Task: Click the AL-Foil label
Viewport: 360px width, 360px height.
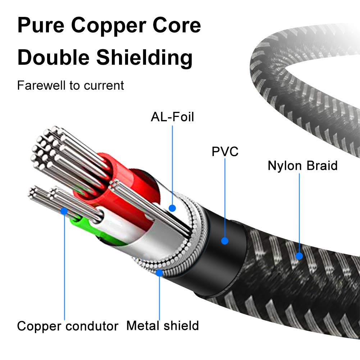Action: [x=172, y=117]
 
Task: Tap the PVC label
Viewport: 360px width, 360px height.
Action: [x=225, y=151]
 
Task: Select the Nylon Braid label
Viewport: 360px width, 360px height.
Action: [x=302, y=166]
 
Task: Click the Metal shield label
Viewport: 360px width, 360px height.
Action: [x=162, y=326]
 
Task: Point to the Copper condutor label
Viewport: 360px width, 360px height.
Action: [x=68, y=326]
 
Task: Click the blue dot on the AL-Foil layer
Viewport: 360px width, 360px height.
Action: [x=172, y=208]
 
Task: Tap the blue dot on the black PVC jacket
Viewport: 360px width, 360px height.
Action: [x=225, y=241]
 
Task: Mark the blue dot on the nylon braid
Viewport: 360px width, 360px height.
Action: [x=299, y=256]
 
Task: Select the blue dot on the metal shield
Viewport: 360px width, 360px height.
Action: [x=159, y=273]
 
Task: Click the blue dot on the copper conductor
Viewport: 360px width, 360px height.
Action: [x=64, y=211]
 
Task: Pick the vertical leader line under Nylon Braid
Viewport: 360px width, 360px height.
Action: [x=299, y=212]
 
